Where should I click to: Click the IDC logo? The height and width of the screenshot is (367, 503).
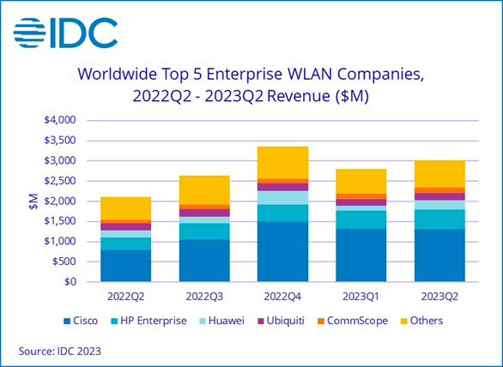coord(65,33)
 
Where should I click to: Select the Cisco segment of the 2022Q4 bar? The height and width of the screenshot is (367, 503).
coord(282,251)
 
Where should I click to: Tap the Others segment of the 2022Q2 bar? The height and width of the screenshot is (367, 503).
coord(125,208)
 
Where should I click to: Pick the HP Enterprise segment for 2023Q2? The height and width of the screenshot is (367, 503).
coord(439,220)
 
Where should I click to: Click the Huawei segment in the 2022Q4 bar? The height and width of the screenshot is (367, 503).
coord(282,198)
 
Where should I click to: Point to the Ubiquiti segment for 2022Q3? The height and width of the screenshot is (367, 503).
coord(204,213)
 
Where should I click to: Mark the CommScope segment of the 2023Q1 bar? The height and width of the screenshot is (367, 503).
coord(361,196)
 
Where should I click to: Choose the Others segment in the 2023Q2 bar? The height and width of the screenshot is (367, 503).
coord(439,174)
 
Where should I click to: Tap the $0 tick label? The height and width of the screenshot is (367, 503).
coord(70,282)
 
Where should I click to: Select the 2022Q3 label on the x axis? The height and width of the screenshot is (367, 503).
coord(204,297)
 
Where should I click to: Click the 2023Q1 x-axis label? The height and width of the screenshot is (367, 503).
coord(361,297)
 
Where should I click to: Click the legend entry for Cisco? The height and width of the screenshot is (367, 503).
coord(81,321)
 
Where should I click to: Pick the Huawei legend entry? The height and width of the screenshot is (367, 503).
coord(222,321)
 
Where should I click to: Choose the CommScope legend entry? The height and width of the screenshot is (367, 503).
coord(353,321)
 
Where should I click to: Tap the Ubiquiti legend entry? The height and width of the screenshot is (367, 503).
coord(281,321)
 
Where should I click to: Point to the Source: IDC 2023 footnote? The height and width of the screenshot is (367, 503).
coord(60,351)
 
